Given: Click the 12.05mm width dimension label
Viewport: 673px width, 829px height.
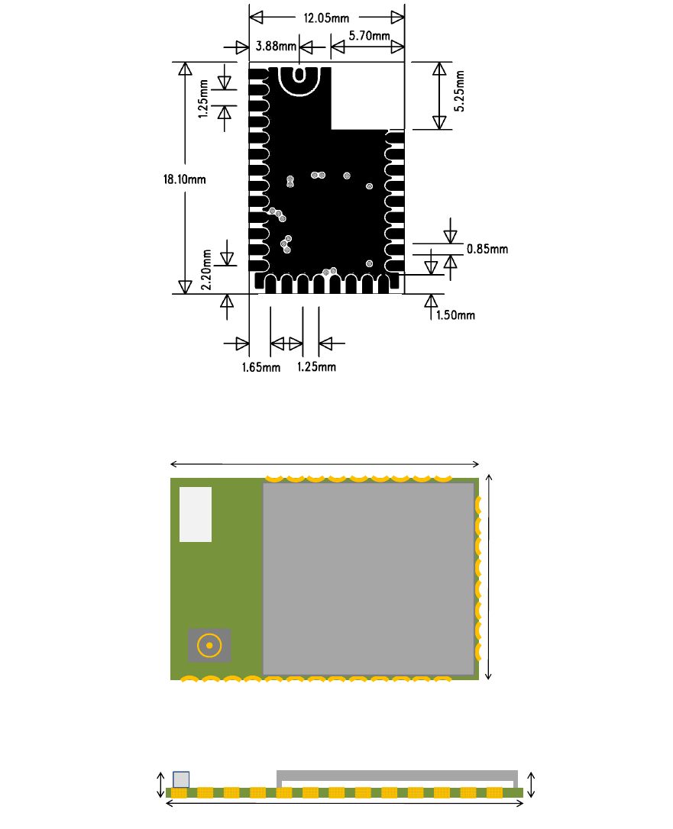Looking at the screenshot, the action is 326,18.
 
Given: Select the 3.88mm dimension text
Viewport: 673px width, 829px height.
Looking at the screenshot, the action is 276,46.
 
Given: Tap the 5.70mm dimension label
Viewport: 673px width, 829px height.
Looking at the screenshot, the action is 369,36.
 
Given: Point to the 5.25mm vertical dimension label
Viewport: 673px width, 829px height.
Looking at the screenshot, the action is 459,91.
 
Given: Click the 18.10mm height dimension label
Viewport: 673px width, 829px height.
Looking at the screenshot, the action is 184,179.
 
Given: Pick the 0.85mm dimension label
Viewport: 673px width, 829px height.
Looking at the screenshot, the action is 487,249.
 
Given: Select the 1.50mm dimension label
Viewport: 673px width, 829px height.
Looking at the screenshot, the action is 455,315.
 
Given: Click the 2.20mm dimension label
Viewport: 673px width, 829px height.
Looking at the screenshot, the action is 206,269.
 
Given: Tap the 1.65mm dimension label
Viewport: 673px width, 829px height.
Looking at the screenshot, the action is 260,367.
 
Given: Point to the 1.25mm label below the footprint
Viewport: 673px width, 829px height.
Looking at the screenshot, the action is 316,366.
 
